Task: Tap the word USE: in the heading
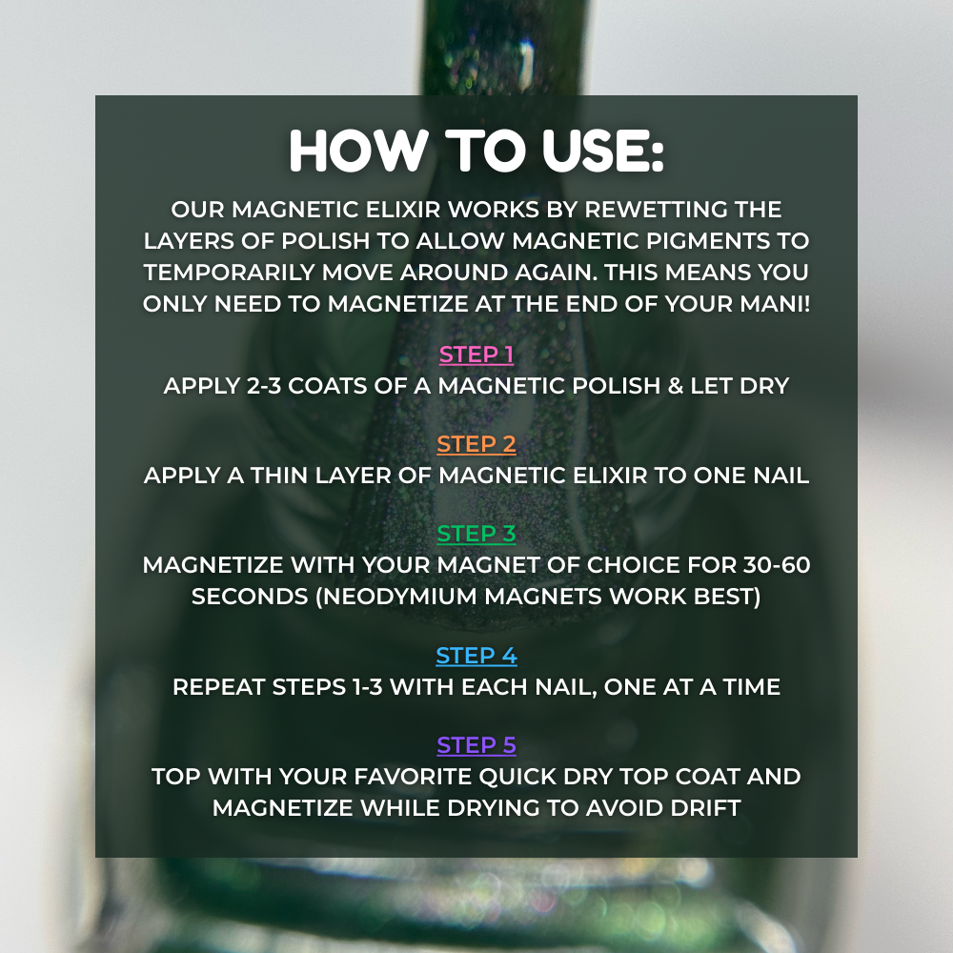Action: pos(603,151)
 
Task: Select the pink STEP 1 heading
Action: pos(476,355)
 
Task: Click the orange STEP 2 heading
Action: pos(476,444)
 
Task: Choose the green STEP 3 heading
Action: pos(476,534)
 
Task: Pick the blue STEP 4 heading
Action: pos(476,656)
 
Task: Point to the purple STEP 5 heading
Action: pos(476,745)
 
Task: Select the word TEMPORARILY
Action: pos(229,273)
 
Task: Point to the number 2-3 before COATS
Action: pos(264,386)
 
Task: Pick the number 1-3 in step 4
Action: pos(367,687)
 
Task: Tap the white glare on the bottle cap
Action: pos(528,61)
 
